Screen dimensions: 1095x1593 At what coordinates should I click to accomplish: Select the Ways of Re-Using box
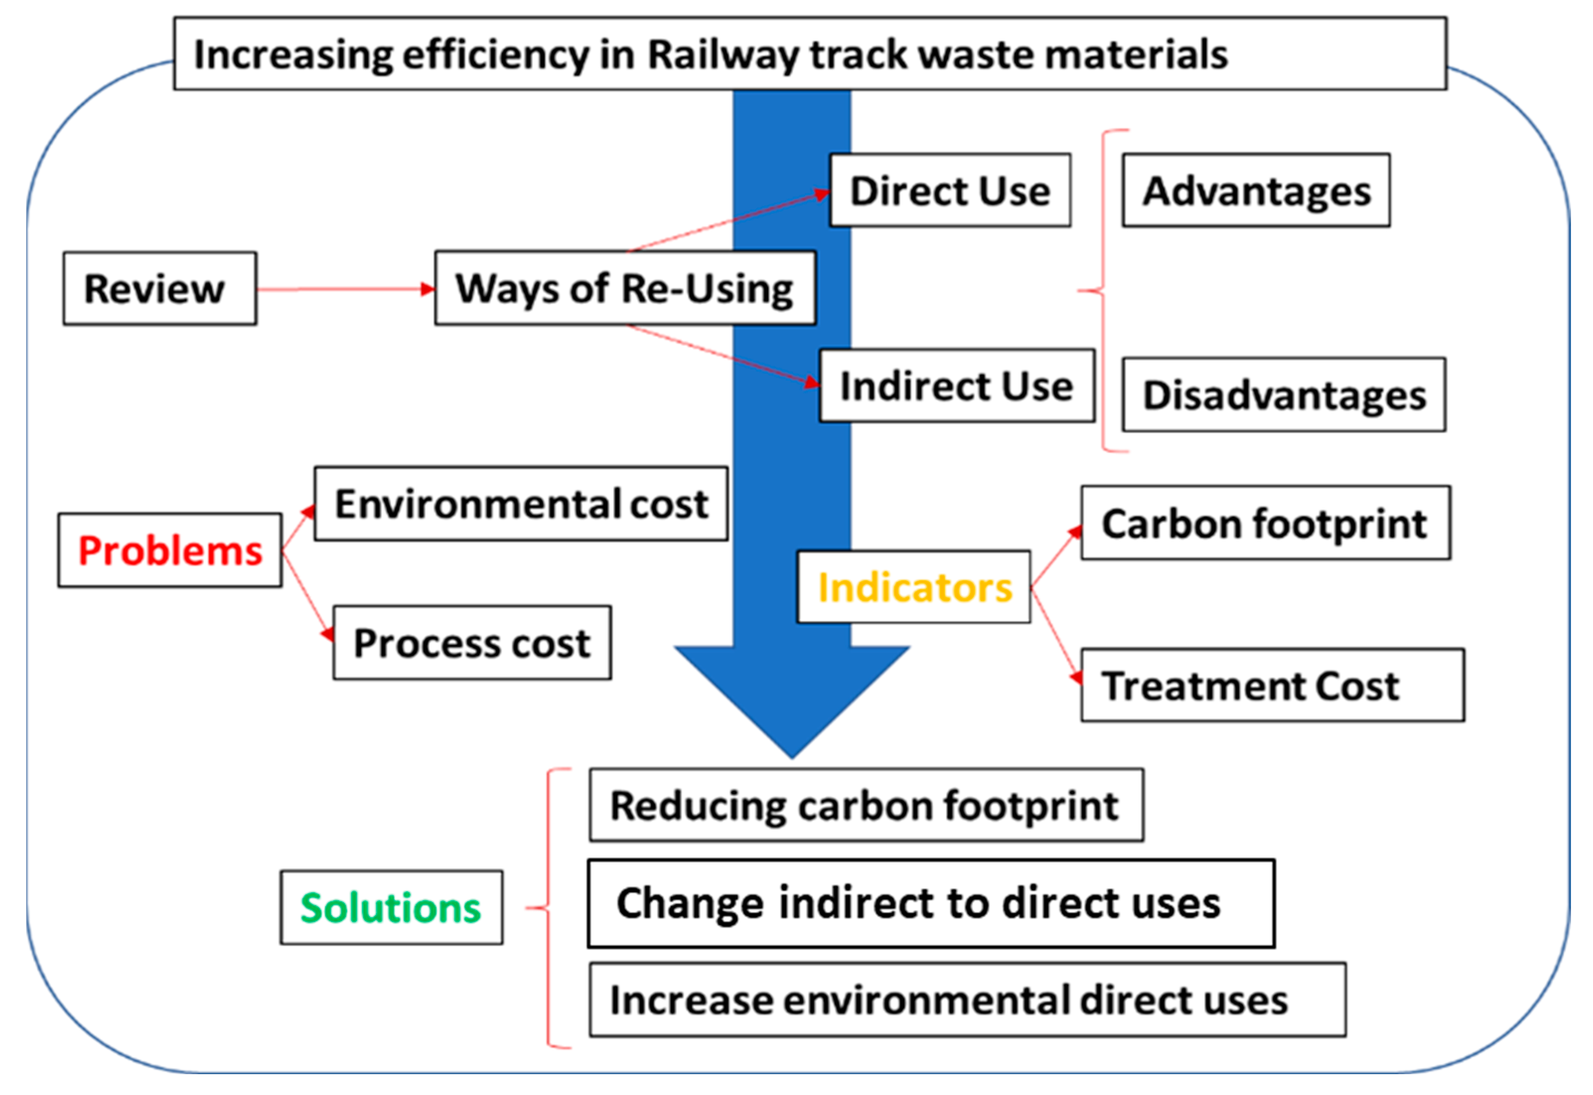pos(625,288)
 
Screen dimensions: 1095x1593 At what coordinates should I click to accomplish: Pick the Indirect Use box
pos(956,386)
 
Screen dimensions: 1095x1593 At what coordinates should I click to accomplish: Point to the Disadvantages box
pos(1283,394)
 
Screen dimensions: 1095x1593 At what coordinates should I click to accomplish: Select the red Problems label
pos(170,550)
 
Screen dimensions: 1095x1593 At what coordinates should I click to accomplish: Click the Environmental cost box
pos(520,504)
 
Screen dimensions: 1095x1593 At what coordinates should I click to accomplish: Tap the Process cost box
pos(472,643)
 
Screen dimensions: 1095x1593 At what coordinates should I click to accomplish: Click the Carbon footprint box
pos(1265,524)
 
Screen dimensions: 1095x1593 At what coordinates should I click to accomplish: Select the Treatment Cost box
pos(1272,686)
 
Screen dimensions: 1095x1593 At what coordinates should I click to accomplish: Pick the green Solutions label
pos(391,908)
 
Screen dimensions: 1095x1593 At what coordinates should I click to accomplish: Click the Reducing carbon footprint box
pos(866,805)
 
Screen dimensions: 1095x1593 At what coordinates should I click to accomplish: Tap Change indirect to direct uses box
pos(931,903)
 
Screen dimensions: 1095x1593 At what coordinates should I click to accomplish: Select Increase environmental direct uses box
pos(967,1000)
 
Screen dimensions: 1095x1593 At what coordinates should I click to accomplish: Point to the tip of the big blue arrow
pos(792,755)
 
